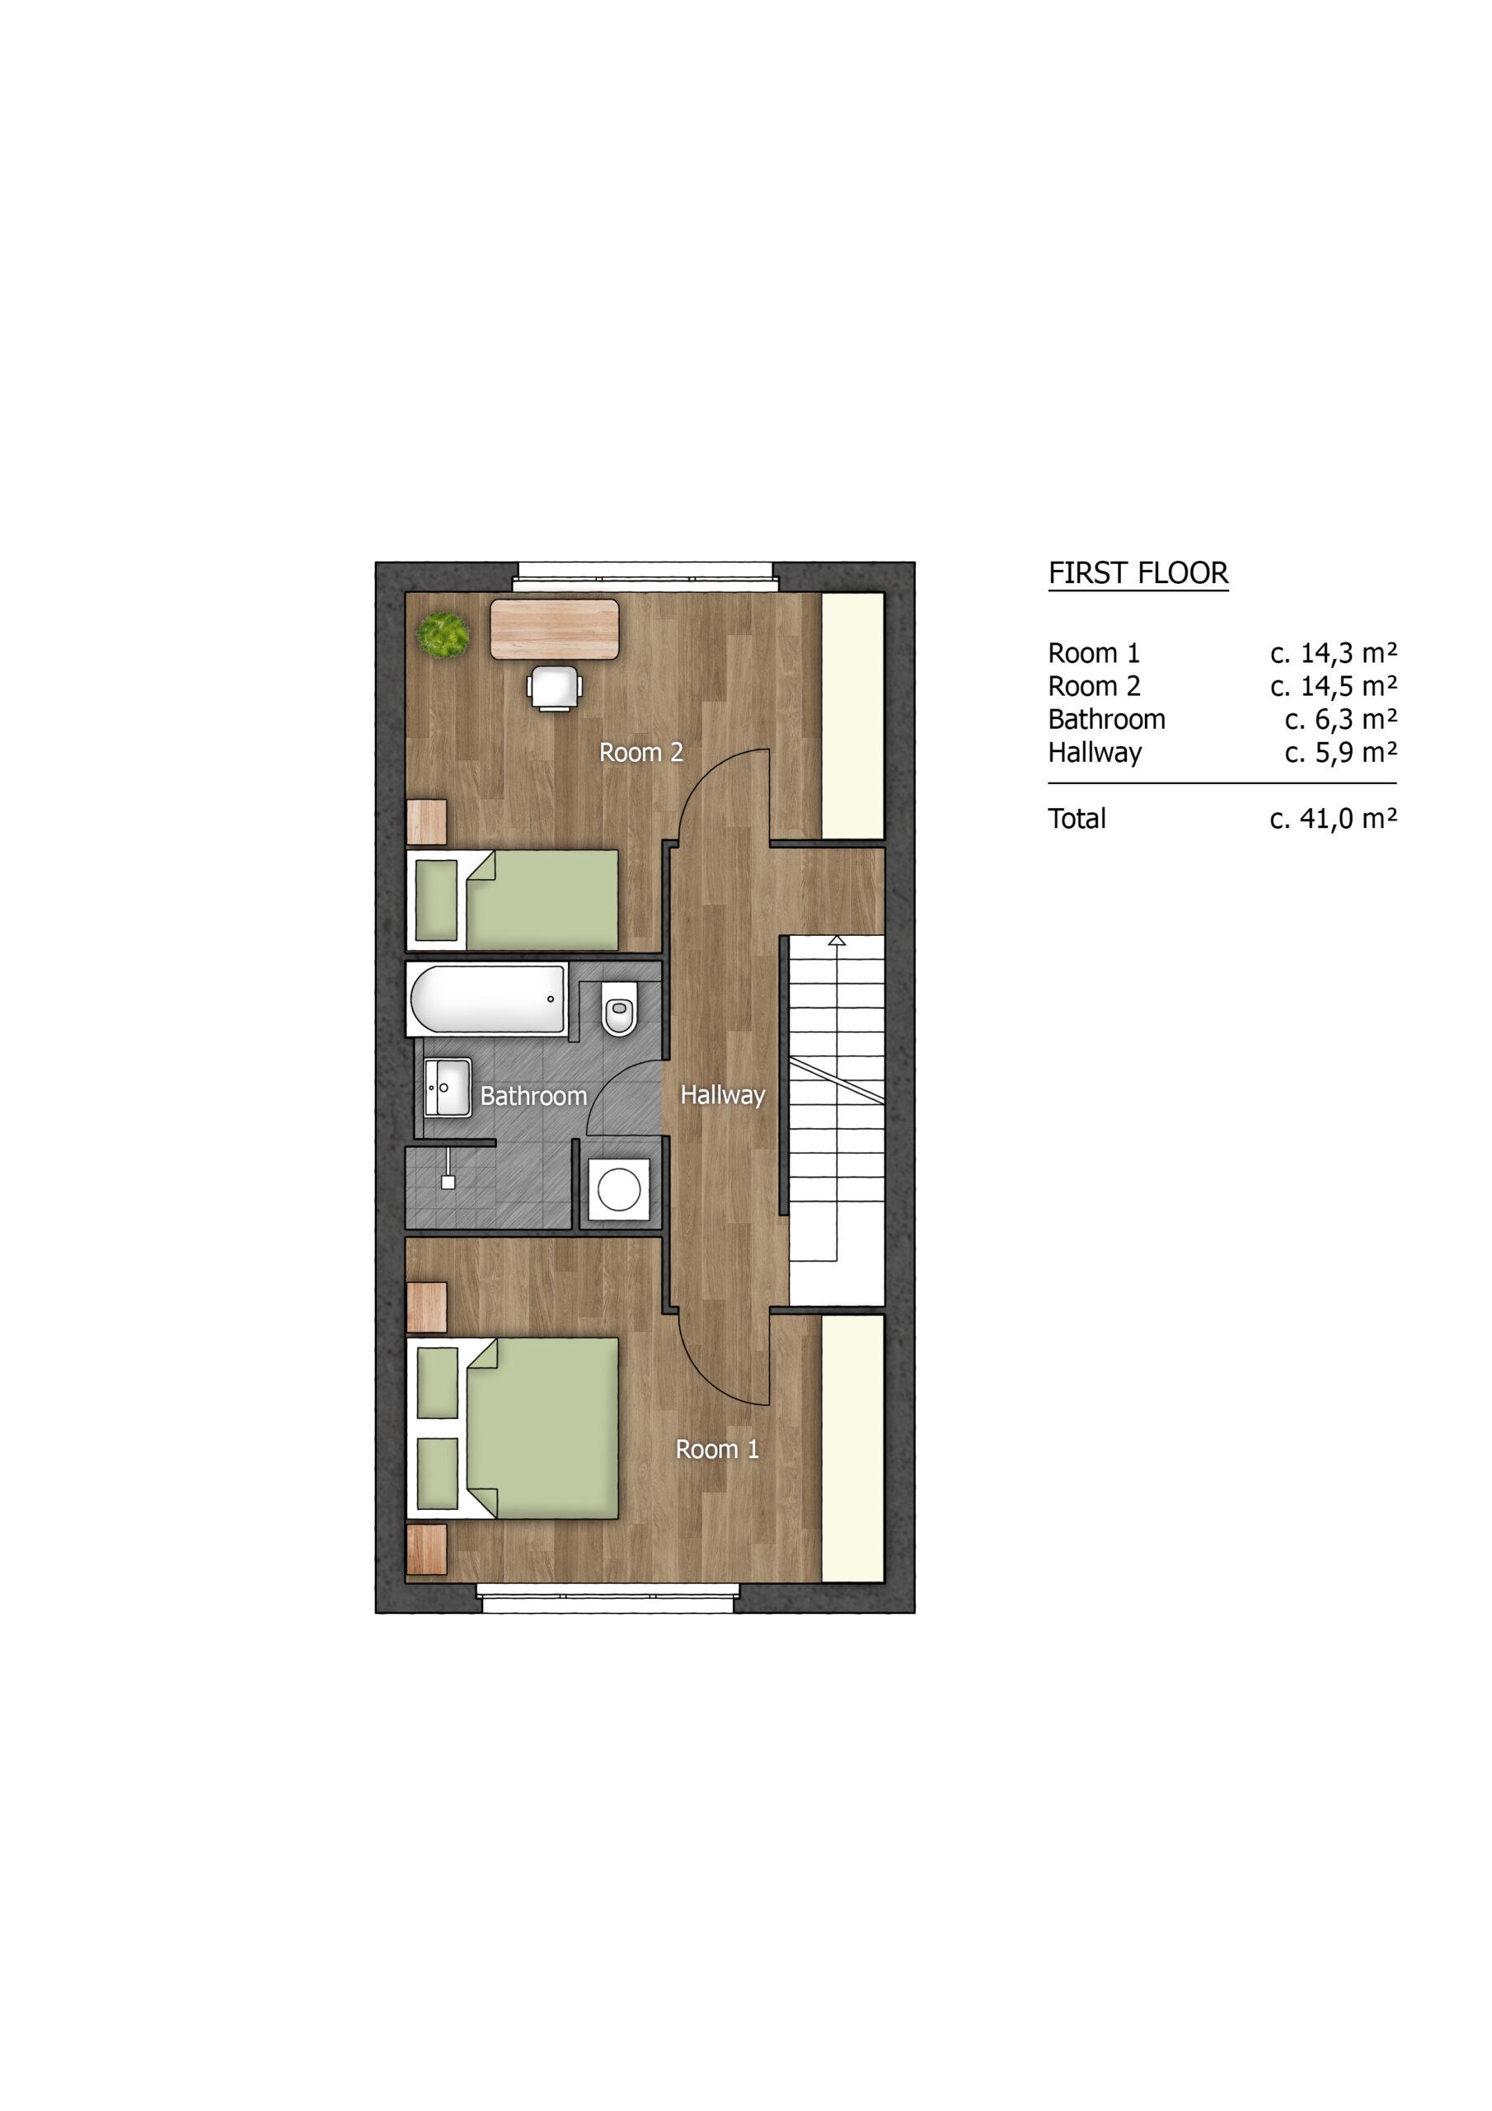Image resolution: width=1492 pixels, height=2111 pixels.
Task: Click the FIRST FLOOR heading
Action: [1138, 574]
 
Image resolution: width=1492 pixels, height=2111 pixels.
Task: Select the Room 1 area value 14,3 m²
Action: [1333, 654]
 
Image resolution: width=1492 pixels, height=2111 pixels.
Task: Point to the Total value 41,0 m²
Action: [1333, 818]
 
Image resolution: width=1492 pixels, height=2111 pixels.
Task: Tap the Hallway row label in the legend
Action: [1095, 753]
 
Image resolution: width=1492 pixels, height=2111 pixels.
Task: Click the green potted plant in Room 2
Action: [443, 633]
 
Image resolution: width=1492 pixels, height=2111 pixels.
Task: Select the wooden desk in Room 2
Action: [554, 629]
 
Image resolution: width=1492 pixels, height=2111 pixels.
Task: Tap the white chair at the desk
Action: [554, 689]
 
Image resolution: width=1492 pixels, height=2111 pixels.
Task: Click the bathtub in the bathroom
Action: [486, 999]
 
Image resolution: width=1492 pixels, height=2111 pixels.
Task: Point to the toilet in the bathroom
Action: [620, 1008]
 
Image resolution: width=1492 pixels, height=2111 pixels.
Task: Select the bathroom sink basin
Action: [448, 1087]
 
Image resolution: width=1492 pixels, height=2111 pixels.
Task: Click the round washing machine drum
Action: [620, 1190]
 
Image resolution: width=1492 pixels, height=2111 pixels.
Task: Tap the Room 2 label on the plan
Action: [640, 752]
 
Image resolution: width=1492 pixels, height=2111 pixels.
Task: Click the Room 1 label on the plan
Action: [717, 1450]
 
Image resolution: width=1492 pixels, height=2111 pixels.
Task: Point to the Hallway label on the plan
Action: [723, 1095]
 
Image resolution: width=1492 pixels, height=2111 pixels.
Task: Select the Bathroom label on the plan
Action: [533, 1096]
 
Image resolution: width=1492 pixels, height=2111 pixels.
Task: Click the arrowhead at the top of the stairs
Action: [837, 940]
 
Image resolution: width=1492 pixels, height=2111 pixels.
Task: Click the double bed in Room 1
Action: [512, 1441]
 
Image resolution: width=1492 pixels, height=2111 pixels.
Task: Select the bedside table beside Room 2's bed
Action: [426, 821]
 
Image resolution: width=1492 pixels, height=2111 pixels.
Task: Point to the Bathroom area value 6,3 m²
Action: [1340, 720]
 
